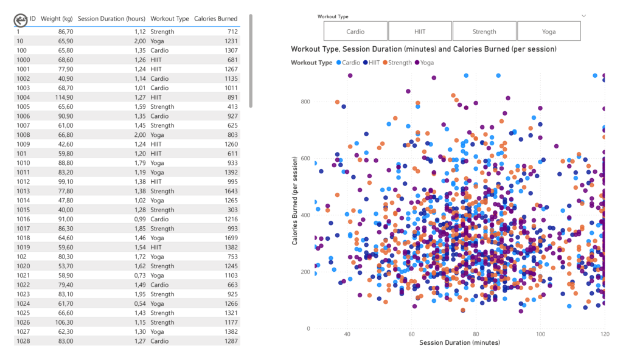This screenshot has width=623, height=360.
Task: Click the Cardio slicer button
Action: click(355, 31)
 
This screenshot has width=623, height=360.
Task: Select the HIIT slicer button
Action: click(420, 31)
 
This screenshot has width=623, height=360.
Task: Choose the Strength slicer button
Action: click(484, 31)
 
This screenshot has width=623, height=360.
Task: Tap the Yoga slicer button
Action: click(549, 31)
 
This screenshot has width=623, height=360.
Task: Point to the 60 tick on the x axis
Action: click(411, 334)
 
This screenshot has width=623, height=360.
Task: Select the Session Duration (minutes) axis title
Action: click(459, 342)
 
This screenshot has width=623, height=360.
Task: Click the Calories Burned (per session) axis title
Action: click(295, 201)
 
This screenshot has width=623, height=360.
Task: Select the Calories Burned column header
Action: click(215, 19)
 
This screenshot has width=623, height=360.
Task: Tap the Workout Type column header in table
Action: click(170, 19)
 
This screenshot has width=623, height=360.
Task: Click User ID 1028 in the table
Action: click(23, 341)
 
